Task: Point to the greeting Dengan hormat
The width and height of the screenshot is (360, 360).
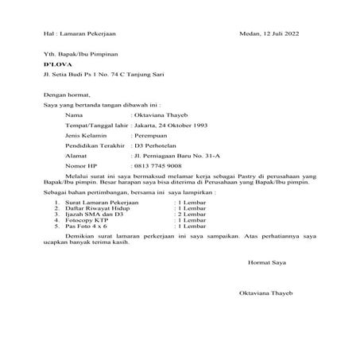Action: (45, 94)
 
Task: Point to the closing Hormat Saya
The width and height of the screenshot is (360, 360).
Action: (261, 261)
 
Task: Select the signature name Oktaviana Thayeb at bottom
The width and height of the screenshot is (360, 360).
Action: (266, 293)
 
